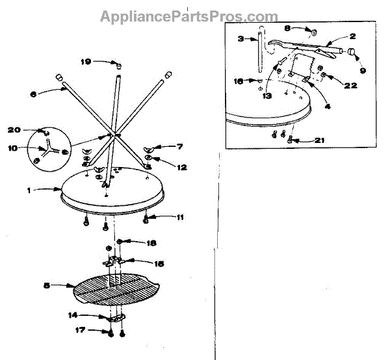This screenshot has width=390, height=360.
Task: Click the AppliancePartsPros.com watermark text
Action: point(188,16)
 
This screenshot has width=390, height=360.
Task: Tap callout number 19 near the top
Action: point(86,62)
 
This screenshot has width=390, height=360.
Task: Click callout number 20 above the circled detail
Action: point(14,130)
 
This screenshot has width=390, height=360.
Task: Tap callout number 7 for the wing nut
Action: point(180,148)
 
